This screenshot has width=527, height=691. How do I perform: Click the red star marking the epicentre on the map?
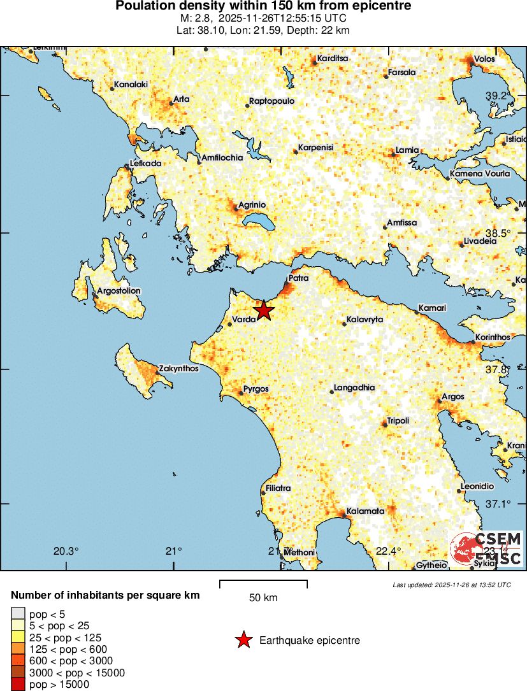pos(263,311)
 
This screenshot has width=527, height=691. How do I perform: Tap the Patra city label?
pos(299,278)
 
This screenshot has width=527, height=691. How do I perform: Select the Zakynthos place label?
pos(179,369)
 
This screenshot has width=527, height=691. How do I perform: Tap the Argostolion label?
pos(120,291)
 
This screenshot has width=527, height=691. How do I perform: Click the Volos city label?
pos(484,59)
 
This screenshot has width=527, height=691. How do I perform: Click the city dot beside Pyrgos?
pos(241,393)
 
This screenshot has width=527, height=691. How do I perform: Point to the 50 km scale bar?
pos(263,584)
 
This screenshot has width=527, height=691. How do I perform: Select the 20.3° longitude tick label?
pos(66,552)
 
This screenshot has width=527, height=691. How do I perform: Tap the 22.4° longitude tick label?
pos(387,552)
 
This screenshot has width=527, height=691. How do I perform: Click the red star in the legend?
pos(243,641)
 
